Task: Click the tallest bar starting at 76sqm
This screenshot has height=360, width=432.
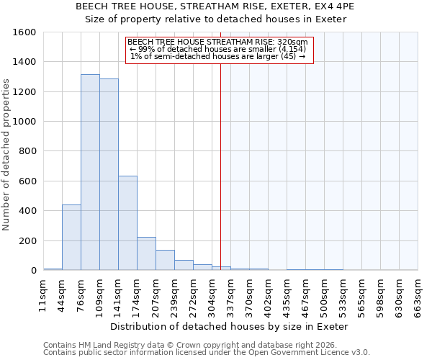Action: [x=90, y=173]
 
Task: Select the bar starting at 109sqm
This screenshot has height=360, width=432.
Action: [x=109, y=175]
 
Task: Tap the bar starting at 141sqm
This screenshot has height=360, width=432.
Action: [x=127, y=223]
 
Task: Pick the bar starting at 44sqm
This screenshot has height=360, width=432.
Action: [x=71, y=238]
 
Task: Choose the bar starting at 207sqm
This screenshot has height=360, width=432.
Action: [x=165, y=261]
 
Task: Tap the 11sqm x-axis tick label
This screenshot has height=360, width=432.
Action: [x=43, y=294]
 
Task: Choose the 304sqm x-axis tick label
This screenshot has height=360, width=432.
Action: [x=212, y=294]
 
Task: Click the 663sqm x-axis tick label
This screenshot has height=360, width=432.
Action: [x=418, y=294]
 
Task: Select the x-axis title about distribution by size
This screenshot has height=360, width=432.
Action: [x=230, y=326]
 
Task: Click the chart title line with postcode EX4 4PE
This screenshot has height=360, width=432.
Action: [x=215, y=6]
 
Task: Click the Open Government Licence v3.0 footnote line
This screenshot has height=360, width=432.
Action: [x=207, y=353]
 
